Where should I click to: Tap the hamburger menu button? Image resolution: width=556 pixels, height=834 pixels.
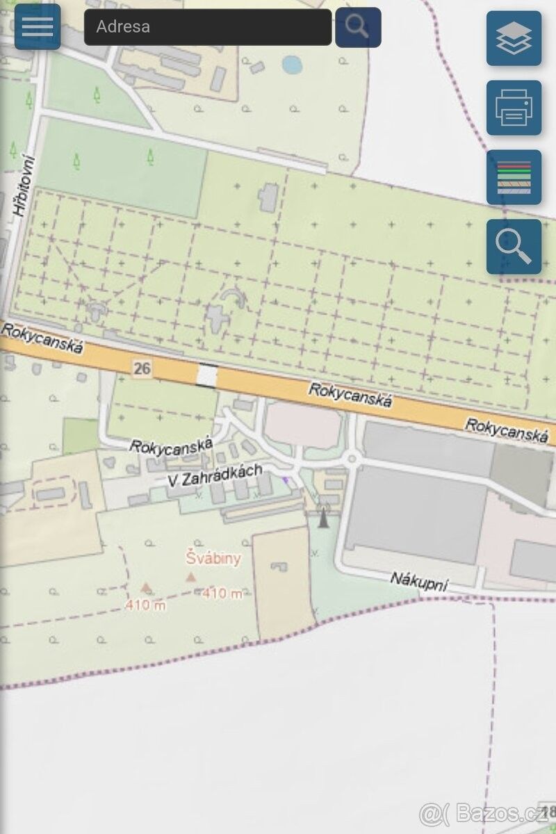[x=38, y=26]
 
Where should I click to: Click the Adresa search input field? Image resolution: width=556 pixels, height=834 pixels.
[x=208, y=27]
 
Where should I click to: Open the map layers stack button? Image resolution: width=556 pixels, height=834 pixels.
[x=514, y=38]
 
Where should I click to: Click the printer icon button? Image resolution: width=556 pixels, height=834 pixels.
[x=514, y=108]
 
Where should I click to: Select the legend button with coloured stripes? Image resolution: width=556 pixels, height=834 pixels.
[x=514, y=177]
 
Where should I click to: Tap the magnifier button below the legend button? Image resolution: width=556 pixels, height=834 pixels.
[x=514, y=247]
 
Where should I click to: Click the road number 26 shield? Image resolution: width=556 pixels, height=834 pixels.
[x=142, y=368]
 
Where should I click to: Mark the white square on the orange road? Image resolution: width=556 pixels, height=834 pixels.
[x=206, y=376]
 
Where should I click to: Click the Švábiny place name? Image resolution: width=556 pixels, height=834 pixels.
[x=213, y=557]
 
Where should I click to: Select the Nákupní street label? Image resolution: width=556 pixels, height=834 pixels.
[x=418, y=581]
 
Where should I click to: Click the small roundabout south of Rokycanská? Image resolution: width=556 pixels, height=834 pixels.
[x=352, y=459]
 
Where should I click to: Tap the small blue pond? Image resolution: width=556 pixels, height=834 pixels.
[x=292, y=65]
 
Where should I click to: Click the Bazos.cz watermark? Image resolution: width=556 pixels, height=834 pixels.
[x=486, y=812]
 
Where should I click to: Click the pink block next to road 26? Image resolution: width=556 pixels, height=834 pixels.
[x=304, y=424]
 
